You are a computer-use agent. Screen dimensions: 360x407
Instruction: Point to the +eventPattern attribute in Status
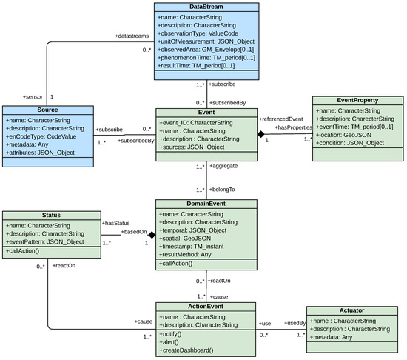pyautogui.click(x=46, y=242)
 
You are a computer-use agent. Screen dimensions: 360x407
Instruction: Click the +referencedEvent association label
pyautogui.click(x=282, y=119)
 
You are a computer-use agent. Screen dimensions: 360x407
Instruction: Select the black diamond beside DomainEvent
pyautogui.click(x=150, y=233)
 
